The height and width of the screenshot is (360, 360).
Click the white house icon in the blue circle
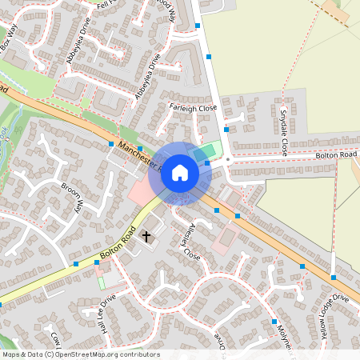180,172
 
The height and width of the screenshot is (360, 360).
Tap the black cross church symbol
146,236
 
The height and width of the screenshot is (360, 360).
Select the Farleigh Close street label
193,107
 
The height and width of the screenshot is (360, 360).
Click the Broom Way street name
72,197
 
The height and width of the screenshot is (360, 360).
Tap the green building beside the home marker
206,151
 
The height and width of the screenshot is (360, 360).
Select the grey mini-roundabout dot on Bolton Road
228,160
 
